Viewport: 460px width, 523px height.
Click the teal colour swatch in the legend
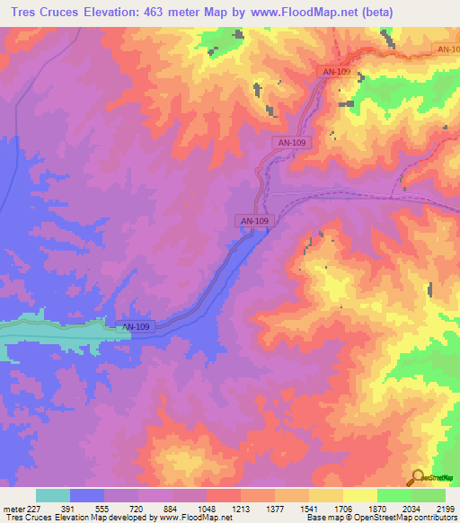53,494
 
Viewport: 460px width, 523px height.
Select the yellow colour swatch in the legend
360,494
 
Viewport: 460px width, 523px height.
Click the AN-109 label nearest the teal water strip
135,326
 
